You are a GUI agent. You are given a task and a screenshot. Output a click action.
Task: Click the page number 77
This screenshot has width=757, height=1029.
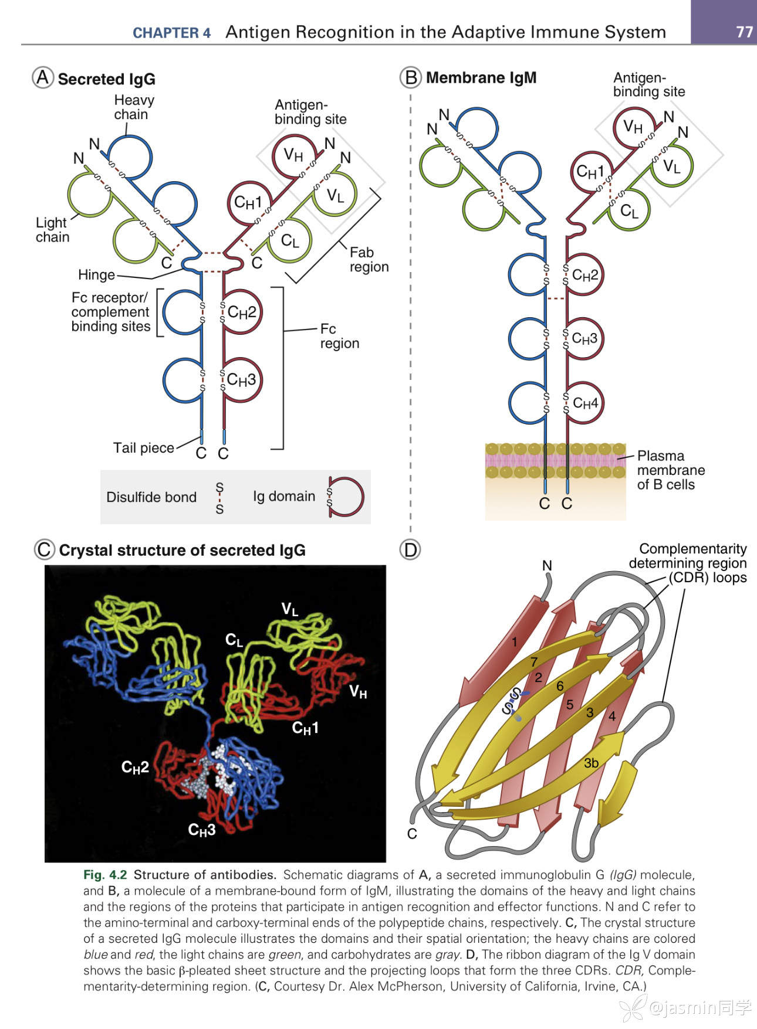coord(744,32)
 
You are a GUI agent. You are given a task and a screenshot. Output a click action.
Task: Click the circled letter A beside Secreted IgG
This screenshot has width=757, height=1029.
coord(43,77)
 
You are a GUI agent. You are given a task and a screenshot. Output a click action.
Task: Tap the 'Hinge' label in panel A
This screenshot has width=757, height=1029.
coord(96,275)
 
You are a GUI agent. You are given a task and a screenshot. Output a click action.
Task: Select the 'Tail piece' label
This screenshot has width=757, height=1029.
coord(143,448)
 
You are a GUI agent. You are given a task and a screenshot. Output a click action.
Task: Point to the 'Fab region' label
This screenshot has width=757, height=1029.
coord(369,259)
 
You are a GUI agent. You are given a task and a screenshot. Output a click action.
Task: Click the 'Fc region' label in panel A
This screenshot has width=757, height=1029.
coord(339,336)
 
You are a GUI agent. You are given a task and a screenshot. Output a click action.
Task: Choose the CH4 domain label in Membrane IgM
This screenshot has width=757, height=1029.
coord(585,403)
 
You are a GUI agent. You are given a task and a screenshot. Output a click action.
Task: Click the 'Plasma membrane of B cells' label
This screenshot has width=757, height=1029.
coord(670,470)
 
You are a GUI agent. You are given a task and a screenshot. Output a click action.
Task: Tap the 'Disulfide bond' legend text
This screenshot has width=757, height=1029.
coord(151,497)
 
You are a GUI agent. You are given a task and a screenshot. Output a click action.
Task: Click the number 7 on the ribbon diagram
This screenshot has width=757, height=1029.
coord(534,662)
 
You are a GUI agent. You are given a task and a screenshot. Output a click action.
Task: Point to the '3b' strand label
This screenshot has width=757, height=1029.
coord(591,763)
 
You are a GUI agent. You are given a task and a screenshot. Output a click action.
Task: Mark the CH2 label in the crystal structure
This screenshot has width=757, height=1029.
coord(135,767)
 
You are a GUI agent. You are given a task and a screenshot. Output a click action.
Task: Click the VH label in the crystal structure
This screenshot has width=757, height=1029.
coord(358,692)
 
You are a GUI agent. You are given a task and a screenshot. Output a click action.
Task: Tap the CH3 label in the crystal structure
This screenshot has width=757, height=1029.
coord(202,830)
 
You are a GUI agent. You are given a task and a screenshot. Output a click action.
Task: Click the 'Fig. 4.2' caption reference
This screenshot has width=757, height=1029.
coord(105,875)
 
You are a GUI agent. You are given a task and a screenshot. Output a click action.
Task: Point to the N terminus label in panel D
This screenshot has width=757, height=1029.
coord(547,566)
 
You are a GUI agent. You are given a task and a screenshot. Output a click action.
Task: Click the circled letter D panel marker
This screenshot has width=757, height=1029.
coord(410,550)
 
